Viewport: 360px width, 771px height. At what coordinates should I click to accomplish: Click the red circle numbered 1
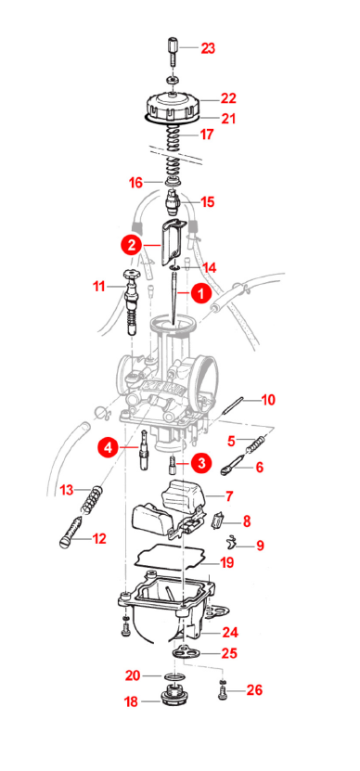(201, 293)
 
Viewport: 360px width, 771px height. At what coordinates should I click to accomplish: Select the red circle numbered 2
(132, 245)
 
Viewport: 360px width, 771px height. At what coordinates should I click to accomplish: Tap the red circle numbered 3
(201, 463)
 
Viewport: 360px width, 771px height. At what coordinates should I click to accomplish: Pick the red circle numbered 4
(108, 447)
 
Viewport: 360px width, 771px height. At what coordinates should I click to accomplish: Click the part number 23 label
(208, 48)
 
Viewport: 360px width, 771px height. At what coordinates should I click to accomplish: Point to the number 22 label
(228, 98)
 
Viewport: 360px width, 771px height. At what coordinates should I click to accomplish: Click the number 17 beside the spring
(207, 134)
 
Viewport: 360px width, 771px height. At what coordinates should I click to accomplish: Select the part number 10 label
(268, 400)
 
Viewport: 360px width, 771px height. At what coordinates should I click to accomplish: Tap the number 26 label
(254, 690)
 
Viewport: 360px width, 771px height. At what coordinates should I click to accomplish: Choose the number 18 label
(132, 701)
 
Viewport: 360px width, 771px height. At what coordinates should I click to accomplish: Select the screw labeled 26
(223, 691)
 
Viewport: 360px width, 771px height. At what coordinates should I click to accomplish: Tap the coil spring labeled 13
(94, 499)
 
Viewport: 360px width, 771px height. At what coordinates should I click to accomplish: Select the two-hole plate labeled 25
(184, 652)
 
